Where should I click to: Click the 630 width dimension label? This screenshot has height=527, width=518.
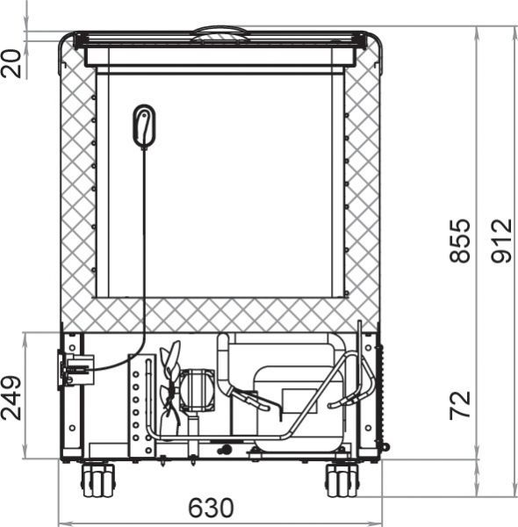tap(211, 508)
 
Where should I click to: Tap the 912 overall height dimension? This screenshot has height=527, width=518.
tap(501, 241)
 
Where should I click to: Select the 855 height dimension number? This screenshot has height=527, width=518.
tap(460, 241)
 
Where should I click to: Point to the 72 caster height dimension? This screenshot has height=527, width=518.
tap(460, 405)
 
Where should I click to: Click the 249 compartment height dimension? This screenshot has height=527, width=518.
tap(11, 398)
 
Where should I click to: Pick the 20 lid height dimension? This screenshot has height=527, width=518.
tap(11, 63)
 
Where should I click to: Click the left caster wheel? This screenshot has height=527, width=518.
tap(97, 480)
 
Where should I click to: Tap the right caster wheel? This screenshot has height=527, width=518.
tap(342, 480)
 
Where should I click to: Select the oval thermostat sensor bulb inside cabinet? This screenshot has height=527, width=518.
tap(145, 126)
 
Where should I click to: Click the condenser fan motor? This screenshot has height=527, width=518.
tap(197, 389)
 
